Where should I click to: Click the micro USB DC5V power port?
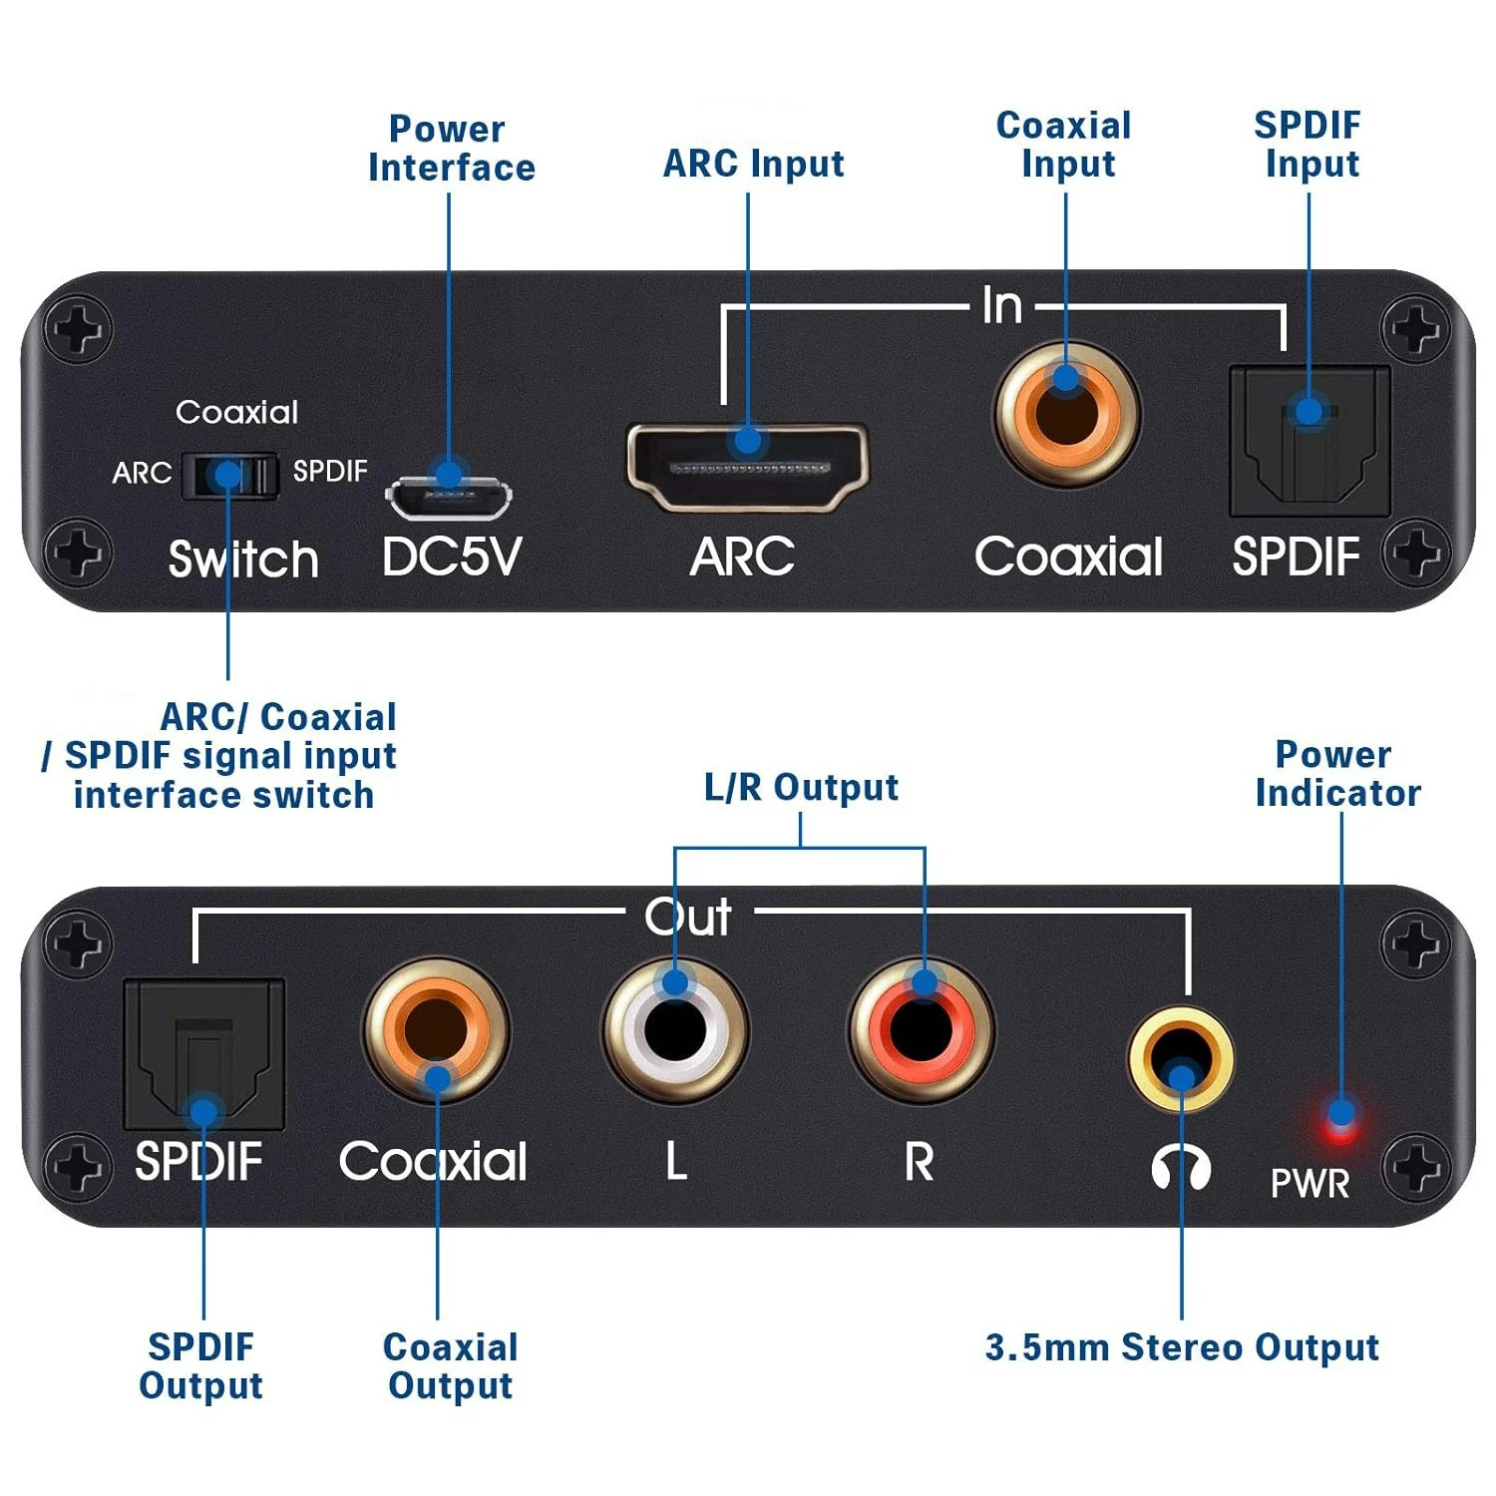[449, 497]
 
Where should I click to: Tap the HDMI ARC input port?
[747, 467]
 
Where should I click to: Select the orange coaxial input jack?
[1067, 412]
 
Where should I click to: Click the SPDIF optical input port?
[1309, 440]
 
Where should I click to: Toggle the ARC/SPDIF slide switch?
[230, 475]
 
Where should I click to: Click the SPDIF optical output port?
[203, 1054]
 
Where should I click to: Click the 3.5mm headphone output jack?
[1181, 1059]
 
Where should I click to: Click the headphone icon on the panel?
[1182, 1166]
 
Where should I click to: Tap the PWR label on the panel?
[1309, 1184]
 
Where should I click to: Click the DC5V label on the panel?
[452, 557]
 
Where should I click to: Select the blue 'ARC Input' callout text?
[754, 164]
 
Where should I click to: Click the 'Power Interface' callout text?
[451, 148]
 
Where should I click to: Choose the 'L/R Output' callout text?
[801, 787]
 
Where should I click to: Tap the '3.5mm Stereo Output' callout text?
[1182, 1347]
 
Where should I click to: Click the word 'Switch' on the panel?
[243, 559]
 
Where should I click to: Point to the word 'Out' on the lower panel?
[688, 917]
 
